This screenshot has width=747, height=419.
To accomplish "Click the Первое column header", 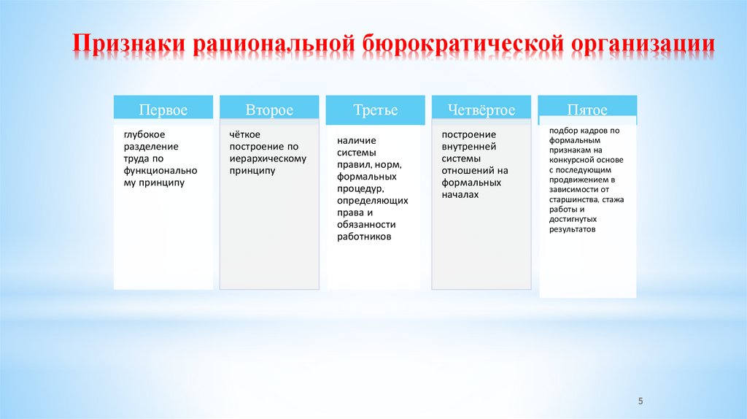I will coord(163,110).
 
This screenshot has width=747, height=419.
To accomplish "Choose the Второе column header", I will coord(269,110).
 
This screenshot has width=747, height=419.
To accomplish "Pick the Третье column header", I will coord(376,110).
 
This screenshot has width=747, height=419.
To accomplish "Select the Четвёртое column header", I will coord(482,110).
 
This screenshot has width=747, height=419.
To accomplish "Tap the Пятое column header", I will coord(587,110).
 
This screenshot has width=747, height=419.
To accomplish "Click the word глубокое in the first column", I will coord(144,134).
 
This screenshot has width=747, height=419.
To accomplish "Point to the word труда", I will coord(135,158).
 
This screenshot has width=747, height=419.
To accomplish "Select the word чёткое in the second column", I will coord(245,134).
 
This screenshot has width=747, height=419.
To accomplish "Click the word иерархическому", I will coord(268,158).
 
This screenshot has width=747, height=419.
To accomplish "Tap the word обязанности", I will coord(365,225).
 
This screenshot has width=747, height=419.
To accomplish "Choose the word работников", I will coord(364,237).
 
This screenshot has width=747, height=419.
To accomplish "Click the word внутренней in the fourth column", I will coord(468,147).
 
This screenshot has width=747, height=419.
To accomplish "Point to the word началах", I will coord(460,195).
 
